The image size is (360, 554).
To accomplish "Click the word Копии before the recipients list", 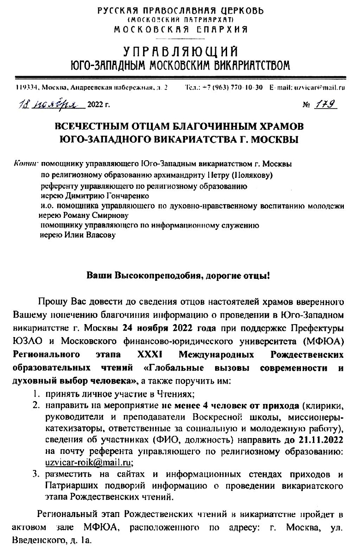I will pyautogui.click(x=27, y=163).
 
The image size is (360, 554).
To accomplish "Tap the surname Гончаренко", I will pyautogui.click(x=97, y=195).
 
